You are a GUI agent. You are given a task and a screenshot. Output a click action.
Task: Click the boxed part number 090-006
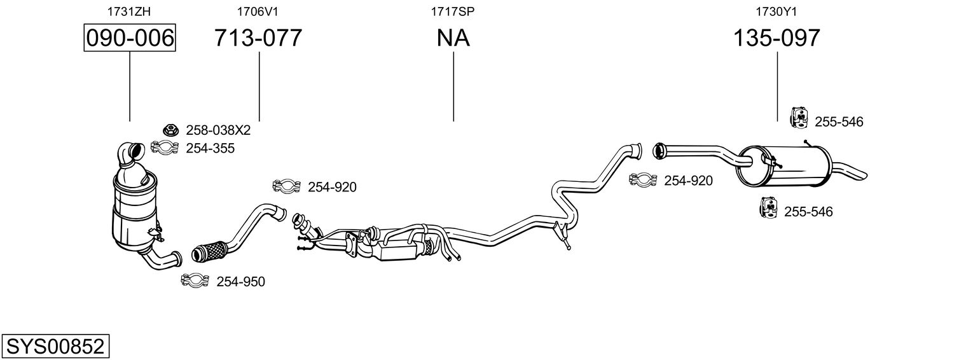point(130,38)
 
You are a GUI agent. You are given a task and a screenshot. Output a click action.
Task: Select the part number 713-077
point(258,38)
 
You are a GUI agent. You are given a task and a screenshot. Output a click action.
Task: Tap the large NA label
point(453,38)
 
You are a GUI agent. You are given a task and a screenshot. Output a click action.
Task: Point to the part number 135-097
point(776,38)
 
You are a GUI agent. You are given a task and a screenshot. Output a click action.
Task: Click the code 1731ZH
point(129,11)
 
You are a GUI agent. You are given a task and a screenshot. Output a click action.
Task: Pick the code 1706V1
point(258,11)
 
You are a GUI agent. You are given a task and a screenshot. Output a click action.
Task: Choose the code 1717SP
point(453,11)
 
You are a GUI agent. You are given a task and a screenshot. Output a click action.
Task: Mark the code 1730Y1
point(776,11)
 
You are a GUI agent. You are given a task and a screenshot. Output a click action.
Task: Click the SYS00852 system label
point(55,347)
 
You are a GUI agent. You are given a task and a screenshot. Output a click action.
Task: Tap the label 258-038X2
point(218,130)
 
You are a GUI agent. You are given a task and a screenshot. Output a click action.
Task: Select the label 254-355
point(210,148)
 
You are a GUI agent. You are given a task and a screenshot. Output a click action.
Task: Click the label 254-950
point(240,281)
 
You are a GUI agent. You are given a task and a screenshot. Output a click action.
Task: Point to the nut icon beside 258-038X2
point(170,130)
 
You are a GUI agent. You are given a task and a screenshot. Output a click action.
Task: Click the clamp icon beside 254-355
point(163,148)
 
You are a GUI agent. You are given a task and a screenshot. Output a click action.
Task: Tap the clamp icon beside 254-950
point(195,280)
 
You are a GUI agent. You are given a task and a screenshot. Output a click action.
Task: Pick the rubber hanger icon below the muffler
point(768,207)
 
